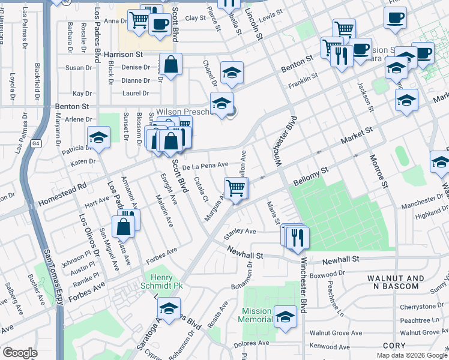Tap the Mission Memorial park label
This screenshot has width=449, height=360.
point(257,315)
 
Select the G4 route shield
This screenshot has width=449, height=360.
point(36,143)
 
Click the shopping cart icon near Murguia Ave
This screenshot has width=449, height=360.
point(236,188)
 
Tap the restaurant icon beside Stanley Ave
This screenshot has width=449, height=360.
point(297,237)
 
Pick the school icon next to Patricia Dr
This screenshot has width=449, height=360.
point(98,137)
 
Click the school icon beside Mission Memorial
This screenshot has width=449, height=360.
point(285,316)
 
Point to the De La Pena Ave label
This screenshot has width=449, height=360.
point(205,164)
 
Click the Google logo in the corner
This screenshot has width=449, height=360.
point(20,353)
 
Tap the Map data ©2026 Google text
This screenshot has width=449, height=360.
point(412,355)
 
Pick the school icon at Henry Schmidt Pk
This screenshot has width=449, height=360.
point(169,310)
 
